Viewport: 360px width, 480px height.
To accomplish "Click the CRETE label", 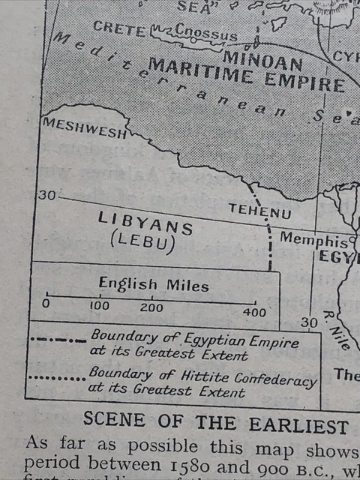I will [119, 28].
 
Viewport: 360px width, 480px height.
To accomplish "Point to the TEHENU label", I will [259, 213].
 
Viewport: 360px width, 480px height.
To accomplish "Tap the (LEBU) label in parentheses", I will [142, 243].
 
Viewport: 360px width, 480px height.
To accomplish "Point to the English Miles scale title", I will [154, 285].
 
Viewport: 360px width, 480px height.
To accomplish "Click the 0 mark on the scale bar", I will [46, 304].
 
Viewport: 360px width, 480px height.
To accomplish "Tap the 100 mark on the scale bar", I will [99, 306].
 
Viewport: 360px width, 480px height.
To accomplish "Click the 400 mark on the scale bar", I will [255, 311].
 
